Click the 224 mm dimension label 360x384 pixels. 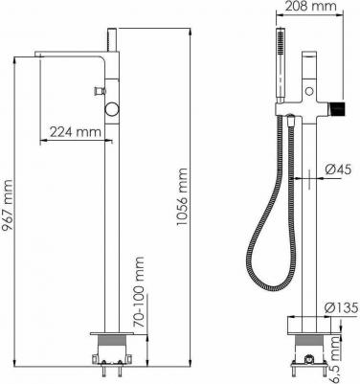tap(76, 131)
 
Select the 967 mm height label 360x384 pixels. tap(7, 205)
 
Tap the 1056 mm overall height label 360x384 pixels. tap(181, 197)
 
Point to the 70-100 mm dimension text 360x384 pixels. tap(139, 292)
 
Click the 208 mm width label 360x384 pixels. tap(310, 6)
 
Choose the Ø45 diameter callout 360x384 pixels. tap(338, 169)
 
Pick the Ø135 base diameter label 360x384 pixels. tap(341, 308)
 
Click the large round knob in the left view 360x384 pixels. tap(112, 109)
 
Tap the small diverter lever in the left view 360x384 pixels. tap(99, 91)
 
